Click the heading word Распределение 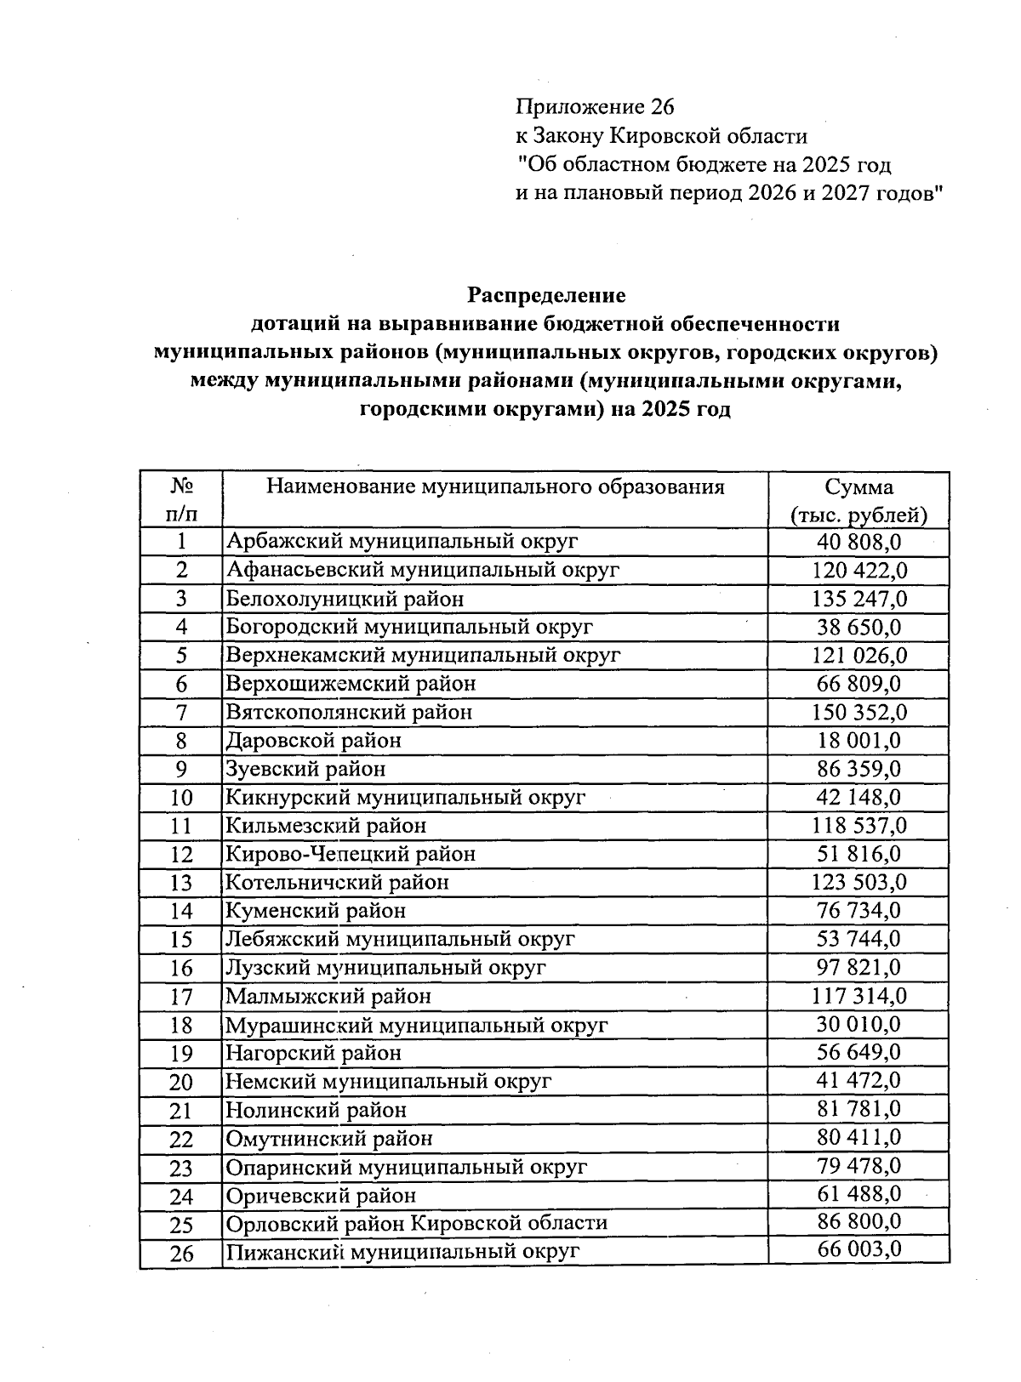click(x=546, y=295)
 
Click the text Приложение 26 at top click(x=594, y=107)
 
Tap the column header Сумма click(x=858, y=487)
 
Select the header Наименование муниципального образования click(x=495, y=487)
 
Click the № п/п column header click(x=181, y=500)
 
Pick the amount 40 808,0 click(x=858, y=542)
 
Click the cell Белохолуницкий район click(x=345, y=599)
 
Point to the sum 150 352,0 click(x=858, y=712)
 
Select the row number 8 click(x=181, y=741)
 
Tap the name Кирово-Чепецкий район click(x=350, y=854)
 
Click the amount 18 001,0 click(x=858, y=741)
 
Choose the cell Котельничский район click(x=337, y=882)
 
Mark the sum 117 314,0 click(x=858, y=995)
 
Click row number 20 click(x=181, y=1082)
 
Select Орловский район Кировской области click(x=416, y=1223)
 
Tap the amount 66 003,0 click(x=858, y=1249)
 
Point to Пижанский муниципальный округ click(x=402, y=1252)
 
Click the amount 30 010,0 click(x=858, y=1024)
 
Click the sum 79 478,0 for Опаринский click(x=858, y=1166)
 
